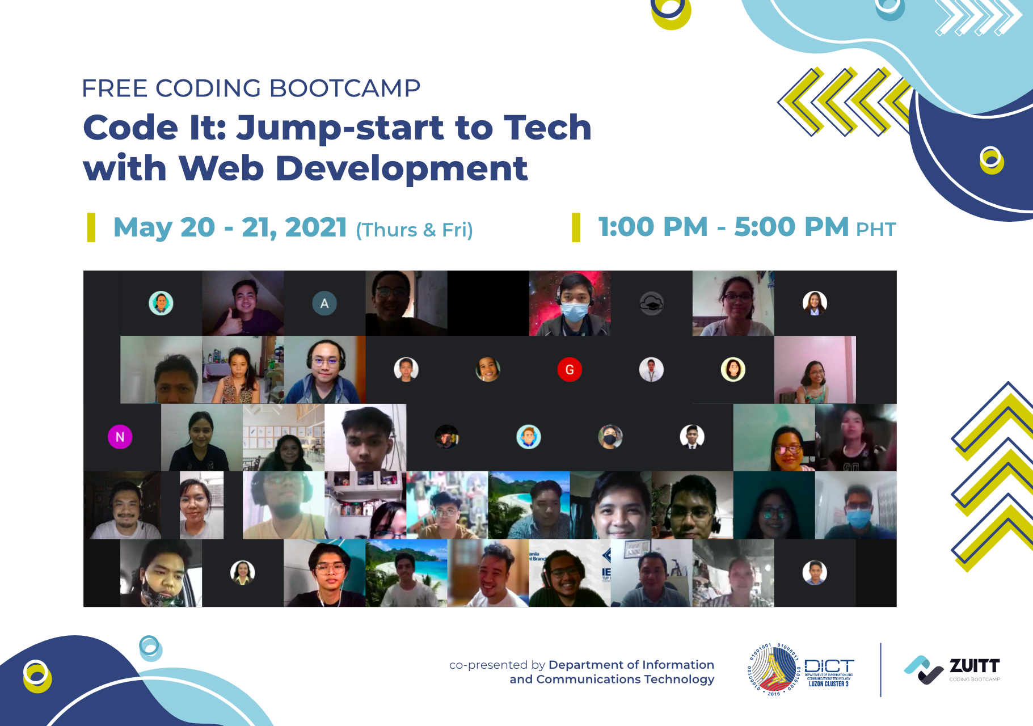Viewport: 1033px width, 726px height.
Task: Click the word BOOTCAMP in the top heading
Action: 344,88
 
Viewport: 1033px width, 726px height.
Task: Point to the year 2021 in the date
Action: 316,228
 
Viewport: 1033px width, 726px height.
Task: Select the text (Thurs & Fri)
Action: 414,230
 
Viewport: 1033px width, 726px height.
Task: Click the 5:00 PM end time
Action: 791,227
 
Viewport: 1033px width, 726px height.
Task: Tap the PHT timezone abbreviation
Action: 876,230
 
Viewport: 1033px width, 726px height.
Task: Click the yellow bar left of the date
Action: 91,227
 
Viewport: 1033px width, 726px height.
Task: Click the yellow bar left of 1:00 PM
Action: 576,227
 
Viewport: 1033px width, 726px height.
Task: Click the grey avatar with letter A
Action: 324,303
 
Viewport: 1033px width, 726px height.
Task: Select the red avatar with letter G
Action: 570,370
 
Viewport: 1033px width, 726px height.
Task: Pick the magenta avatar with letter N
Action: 120,437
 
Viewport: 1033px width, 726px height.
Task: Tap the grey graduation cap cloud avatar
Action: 651,303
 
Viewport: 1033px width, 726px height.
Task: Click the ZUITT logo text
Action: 974,665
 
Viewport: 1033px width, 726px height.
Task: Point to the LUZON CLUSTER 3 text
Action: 828,684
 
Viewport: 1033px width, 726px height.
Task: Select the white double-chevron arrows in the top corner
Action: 977,17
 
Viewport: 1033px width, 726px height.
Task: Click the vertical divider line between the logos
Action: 880,670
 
